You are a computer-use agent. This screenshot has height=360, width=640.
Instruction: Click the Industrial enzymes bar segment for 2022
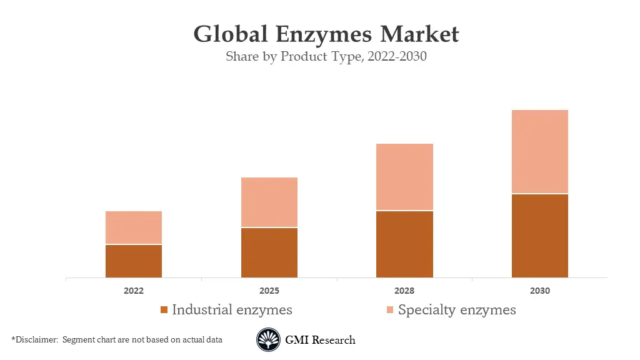pyautogui.click(x=134, y=261)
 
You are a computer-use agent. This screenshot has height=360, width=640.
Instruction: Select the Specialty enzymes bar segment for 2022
pyautogui.click(x=134, y=227)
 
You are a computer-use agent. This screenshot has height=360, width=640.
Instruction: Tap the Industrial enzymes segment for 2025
pyautogui.click(x=269, y=252)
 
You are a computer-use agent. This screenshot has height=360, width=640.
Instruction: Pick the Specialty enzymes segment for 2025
pyautogui.click(x=269, y=202)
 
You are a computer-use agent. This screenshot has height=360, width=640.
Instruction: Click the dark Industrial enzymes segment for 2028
pyautogui.click(x=404, y=244)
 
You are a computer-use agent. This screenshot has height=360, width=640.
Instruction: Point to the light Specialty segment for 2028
pyautogui.click(x=404, y=177)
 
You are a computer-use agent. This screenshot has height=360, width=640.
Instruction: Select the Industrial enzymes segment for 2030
pyautogui.click(x=540, y=236)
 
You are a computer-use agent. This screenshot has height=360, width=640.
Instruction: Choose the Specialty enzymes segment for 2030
pyautogui.click(x=540, y=151)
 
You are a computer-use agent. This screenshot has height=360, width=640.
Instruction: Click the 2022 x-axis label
pyautogui.click(x=134, y=291)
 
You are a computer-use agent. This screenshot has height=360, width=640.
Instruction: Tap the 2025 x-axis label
pyautogui.click(x=269, y=291)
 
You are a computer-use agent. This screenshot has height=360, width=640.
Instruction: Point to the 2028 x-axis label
pyautogui.click(x=404, y=291)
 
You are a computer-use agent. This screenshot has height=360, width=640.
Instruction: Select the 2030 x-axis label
pyautogui.click(x=540, y=291)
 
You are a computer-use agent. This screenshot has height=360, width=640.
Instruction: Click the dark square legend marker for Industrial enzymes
pyautogui.click(x=164, y=310)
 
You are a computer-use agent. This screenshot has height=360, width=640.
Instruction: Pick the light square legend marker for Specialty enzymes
pyautogui.click(x=390, y=310)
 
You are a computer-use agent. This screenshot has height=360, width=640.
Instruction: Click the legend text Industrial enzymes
pyautogui.click(x=232, y=309)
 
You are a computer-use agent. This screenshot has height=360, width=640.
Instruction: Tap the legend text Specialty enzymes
pyautogui.click(x=457, y=309)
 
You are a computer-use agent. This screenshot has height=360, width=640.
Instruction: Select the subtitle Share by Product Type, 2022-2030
pyautogui.click(x=326, y=57)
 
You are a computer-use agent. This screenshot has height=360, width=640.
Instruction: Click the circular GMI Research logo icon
pyautogui.click(x=269, y=340)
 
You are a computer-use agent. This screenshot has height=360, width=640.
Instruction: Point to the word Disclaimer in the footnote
pyautogui.click(x=36, y=339)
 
